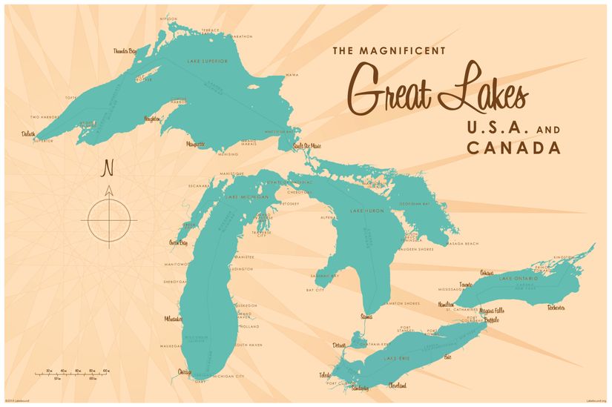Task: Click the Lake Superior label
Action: point(207,61)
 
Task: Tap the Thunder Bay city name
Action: point(125,51)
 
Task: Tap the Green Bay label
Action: point(179,242)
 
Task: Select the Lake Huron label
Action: point(365,211)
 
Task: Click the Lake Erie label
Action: point(395,359)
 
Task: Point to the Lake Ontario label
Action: point(516,278)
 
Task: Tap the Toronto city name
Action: point(466,284)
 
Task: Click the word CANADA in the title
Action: point(513,148)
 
